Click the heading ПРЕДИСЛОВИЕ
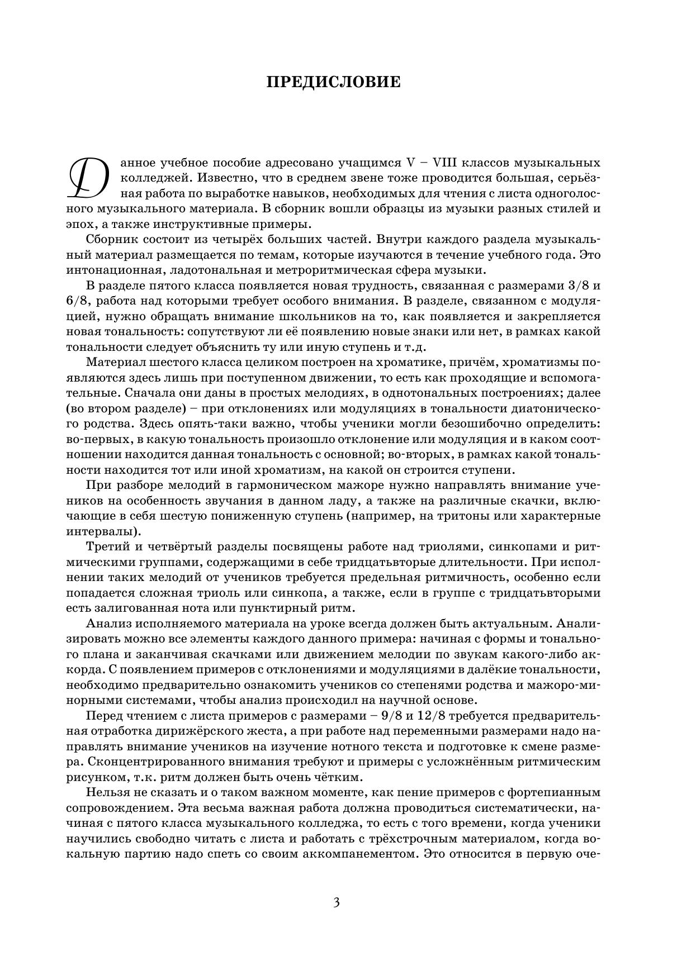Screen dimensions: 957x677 (x=334, y=82)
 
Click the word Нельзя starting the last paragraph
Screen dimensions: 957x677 (x=106, y=792)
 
